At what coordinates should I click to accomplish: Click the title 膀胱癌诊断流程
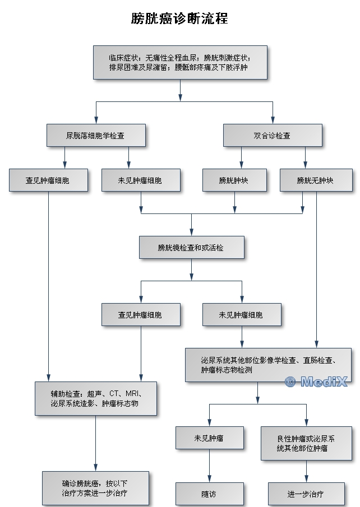coord(179,18)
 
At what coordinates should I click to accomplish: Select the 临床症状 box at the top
coord(179,62)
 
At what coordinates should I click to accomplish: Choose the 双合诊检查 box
coord(273,135)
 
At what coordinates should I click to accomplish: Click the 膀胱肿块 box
coord(234,180)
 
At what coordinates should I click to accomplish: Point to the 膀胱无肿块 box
coord(316,180)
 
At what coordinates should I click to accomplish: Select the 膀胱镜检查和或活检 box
coord(191,247)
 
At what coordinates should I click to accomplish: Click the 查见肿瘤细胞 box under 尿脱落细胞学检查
coord(48,180)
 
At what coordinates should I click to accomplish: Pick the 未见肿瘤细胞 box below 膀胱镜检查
coord(242,314)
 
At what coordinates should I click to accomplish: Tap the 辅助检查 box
coord(95,398)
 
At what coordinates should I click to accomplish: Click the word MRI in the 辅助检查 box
coord(133,393)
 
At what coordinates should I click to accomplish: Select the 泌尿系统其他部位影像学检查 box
coord(268,365)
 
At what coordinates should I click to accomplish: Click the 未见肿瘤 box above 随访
coord(209,438)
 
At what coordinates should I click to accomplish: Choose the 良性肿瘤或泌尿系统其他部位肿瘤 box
coord(306,443)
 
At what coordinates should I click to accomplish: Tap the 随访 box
coord(209,494)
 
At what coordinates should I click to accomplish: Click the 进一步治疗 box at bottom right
coord(306,494)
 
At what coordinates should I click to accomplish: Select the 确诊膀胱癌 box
coord(95,488)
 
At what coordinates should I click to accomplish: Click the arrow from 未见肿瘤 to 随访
coord(209,465)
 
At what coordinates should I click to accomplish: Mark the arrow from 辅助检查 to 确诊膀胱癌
coord(95,443)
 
